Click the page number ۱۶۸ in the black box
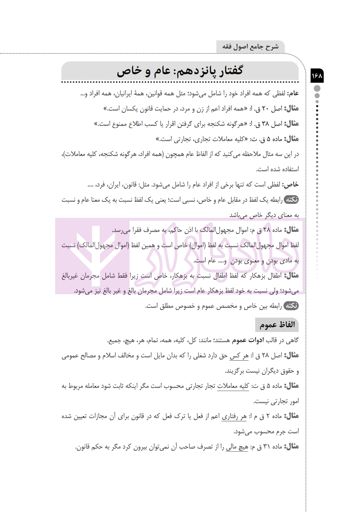[317, 76]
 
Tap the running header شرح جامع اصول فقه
[251, 46]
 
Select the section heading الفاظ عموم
[277, 325]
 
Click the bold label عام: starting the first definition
[293, 93]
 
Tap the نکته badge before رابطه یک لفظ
[291, 199]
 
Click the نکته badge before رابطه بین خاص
[291, 305]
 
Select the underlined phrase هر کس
[239, 356]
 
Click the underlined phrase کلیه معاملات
[233, 386]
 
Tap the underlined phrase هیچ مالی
[237, 447]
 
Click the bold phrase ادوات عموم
[248, 340]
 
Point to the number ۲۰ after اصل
[265, 109]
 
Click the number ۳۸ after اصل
[265, 124]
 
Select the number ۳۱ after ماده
[266, 447]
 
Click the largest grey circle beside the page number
[317, 88]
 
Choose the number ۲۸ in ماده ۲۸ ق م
[266, 230]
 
